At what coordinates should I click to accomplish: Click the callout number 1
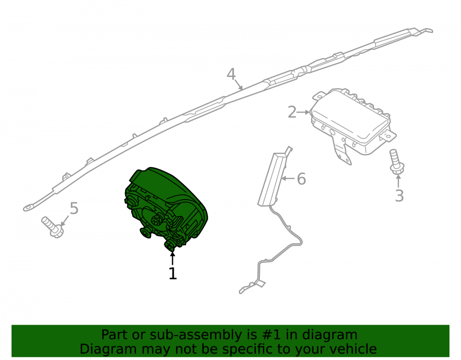click(x=172, y=274)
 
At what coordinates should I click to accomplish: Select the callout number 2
click(x=292, y=112)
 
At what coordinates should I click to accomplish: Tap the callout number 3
click(x=399, y=195)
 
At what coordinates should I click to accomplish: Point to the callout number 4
click(x=231, y=74)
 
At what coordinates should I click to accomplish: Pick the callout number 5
click(x=74, y=208)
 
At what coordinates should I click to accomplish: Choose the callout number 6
click(x=301, y=179)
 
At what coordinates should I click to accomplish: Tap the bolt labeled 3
click(x=396, y=162)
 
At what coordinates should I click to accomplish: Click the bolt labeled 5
click(x=53, y=227)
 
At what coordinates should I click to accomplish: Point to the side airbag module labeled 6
click(x=272, y=179)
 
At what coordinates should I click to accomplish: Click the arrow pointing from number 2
click(x=303, y=112)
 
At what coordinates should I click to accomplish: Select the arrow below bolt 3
click(x=398, y=181)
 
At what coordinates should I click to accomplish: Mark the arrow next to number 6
click(x=289, y=178)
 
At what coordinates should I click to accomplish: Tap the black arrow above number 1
click(x=172, y=259)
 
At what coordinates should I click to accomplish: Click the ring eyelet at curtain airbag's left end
click(x=28, y=208)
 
